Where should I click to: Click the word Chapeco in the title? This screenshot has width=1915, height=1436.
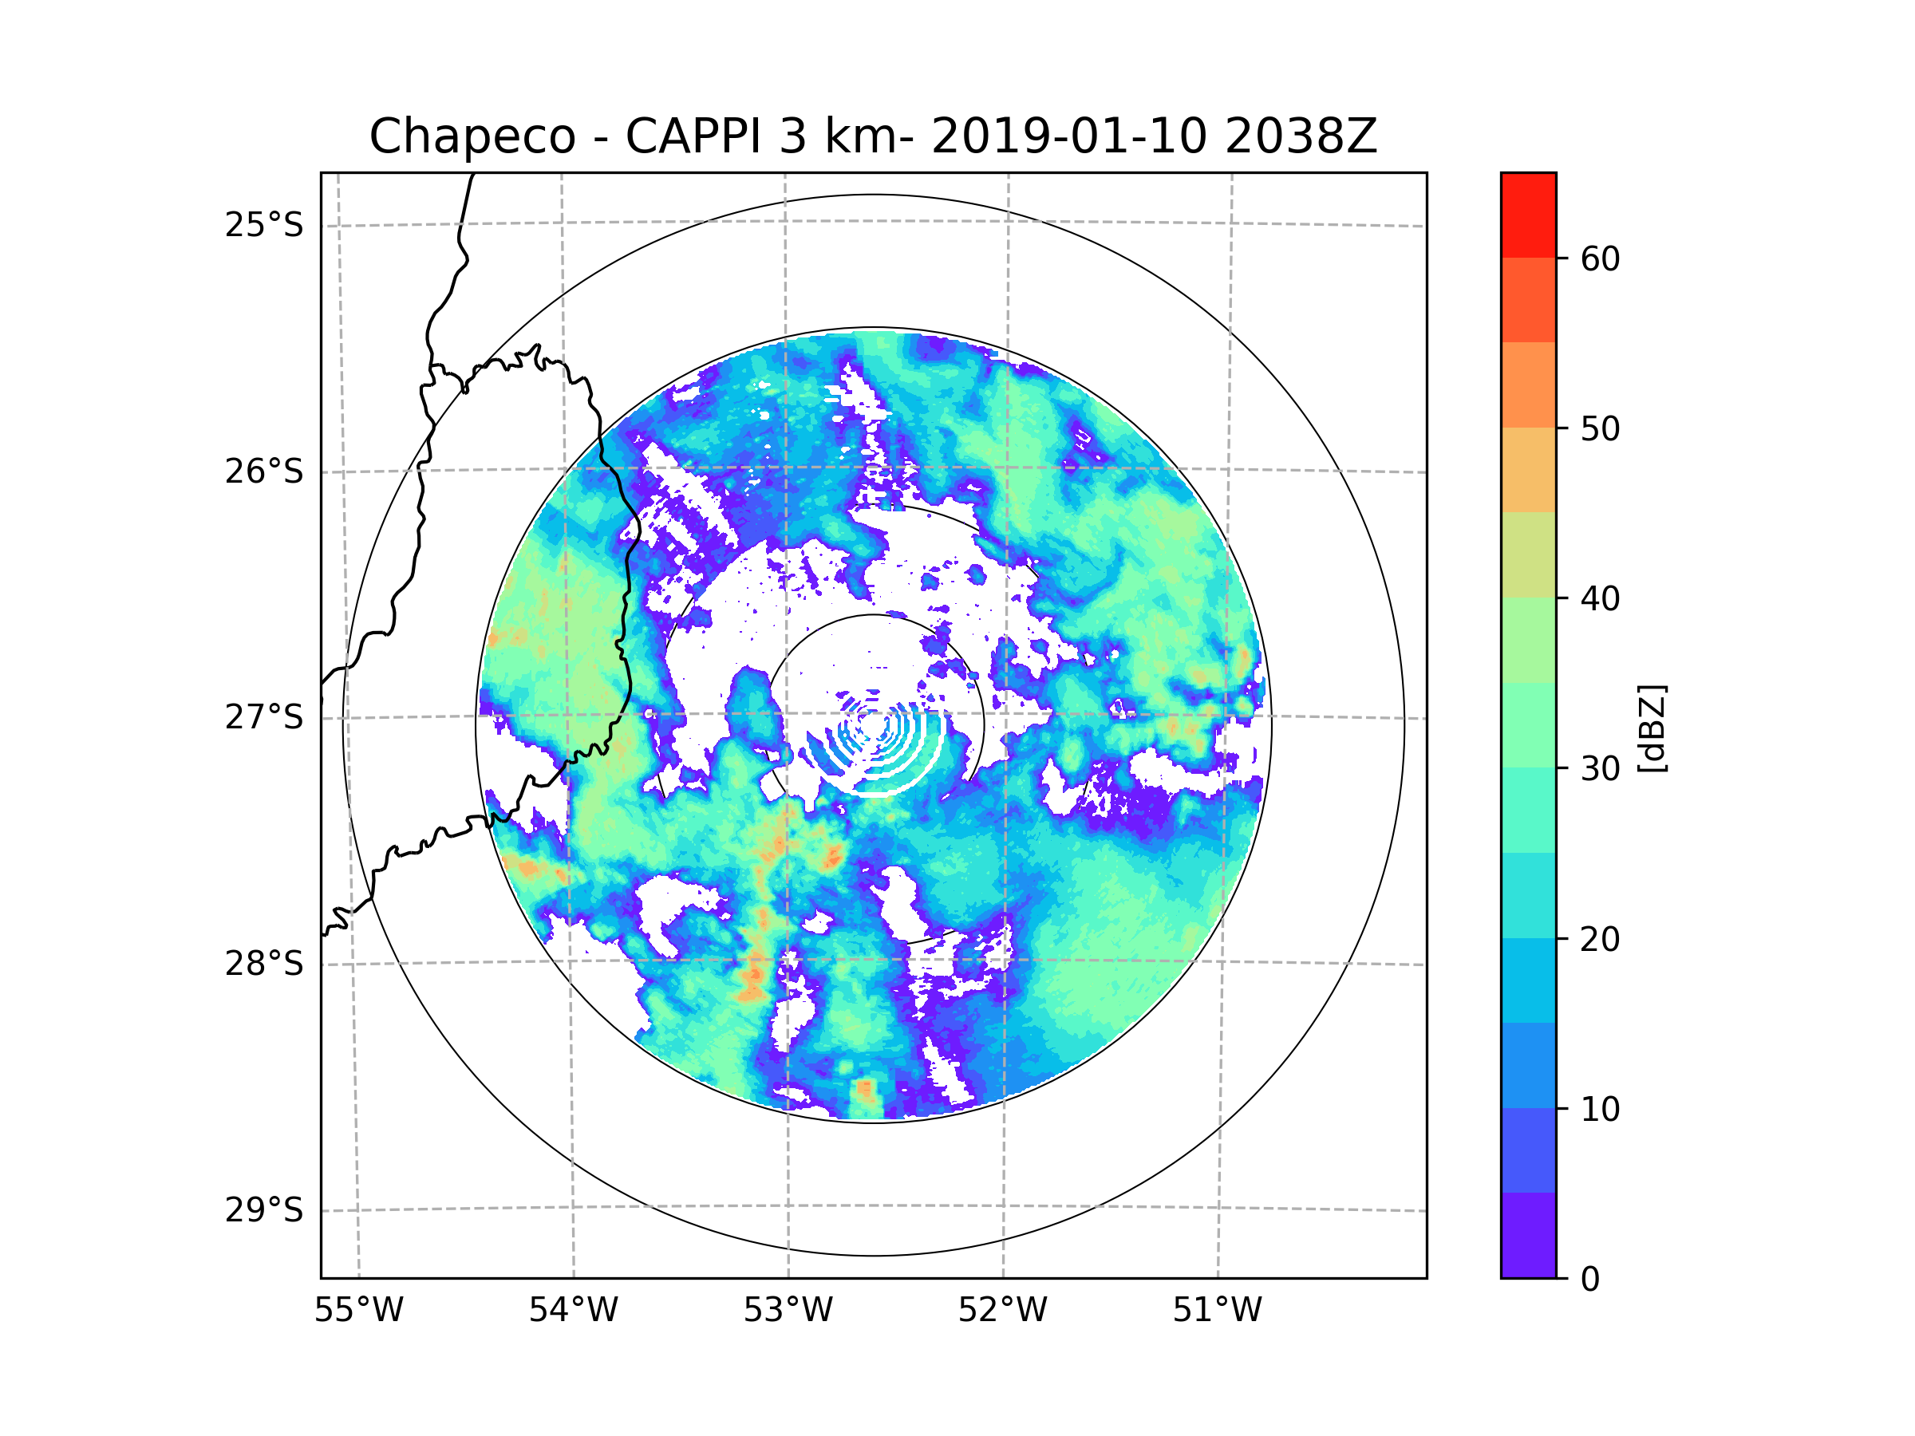click(x=472, y=136)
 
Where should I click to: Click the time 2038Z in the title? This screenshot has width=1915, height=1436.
click(x=1301, y=136)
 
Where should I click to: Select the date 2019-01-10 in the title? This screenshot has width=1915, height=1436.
click(x=1068, y=136)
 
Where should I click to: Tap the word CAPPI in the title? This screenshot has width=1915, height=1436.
click(x=695, y=136)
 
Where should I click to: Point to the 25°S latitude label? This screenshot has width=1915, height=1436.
click(x=264, y=225)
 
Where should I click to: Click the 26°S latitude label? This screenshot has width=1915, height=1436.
click(x=264, y=471)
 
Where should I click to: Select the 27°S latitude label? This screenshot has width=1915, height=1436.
click(x=264, y=717)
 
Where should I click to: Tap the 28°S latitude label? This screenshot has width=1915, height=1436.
click(x=264, y=964)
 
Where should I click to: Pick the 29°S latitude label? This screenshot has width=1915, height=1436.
click(x=264, y=1210)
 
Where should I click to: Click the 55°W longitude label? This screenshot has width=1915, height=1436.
click(x=358, y=1311)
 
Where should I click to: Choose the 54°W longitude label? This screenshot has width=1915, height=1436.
click(x=573, y=1311)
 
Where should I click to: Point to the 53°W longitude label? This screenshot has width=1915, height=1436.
click(x=788, y=1311)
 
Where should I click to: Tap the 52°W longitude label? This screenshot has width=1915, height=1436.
click(x=1002, y=1311)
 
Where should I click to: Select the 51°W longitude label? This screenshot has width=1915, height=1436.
click(x=1217, y=1311)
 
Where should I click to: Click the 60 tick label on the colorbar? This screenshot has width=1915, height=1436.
click(x=1600, y=258)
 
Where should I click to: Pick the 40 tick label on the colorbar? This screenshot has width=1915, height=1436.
click(x=1600, y=599)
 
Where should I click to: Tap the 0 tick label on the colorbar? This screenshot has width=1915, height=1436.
click(x=1590, y=1280)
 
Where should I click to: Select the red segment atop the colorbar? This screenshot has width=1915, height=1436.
click(x=1528, y=215)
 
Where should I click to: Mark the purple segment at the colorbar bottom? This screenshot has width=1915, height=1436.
click(x=1528, y=1235)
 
